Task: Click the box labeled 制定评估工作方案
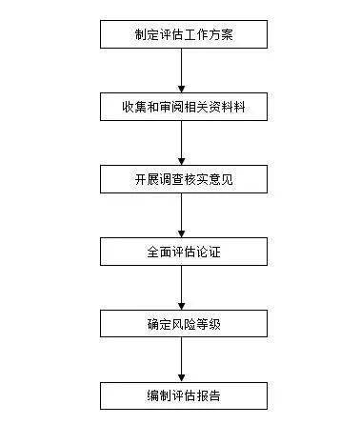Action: pyautogui.click(x=184, y=34)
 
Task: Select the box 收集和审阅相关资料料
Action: pyautogui.click(x=184, y=107)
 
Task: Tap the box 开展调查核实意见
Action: pyautogui.click(x=184, y=179)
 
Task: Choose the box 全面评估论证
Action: pyautogui.click(x=184, y=252)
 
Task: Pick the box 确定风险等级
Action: pyautogui.click(x=184, y=324)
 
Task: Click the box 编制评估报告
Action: pyautogui.click(x=184, y=395)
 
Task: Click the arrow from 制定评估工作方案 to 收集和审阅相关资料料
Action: pyautogui.click(x=182, y=71)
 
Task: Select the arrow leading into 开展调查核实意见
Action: pyautogui.click(x=182, y=143)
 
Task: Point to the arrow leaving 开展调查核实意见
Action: pyautogui.click(x=182, y=215)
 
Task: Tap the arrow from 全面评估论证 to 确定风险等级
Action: pyautogui.click(x=182, y=288)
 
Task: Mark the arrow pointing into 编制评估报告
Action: pyautogui.click(x=182, y=359)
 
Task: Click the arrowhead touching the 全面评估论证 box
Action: pyautogui.click(x=182, y=234)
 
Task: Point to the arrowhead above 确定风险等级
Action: pyautogui.click(x=182, y=307)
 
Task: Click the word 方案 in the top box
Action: pyautogui.click(x=221, y=34)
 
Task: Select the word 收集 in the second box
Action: pyautogui.click(x=134, y=107)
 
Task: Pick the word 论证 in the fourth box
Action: pyautogui.click(x=209, y=252)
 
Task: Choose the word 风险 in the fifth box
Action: pyautogui.click(x=184, y=324)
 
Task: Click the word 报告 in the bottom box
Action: pyautogui.click(x=209, y=396)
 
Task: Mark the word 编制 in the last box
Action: pyautogui.click(x=159, y=396)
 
